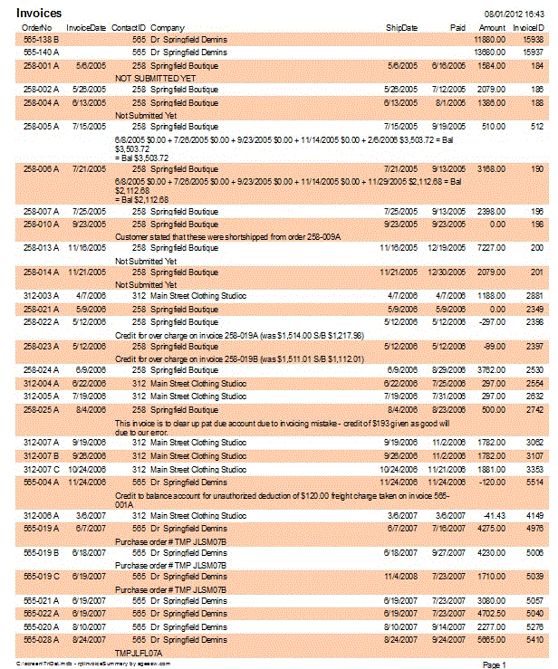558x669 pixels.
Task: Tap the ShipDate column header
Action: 401,28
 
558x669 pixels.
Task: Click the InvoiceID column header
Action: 528,28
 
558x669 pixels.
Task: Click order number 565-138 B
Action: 40,41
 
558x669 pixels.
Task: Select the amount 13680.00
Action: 489,53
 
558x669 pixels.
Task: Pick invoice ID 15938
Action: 533,41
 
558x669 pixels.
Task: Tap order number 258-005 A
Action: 40,127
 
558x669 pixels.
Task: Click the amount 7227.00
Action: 491,246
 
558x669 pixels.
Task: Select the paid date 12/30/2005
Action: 447,272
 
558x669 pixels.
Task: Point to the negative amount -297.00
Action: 493,321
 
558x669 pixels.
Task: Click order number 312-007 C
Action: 41,470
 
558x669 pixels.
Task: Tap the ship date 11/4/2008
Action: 401,576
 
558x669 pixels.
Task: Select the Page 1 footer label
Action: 494,664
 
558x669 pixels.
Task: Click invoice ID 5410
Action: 534,639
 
